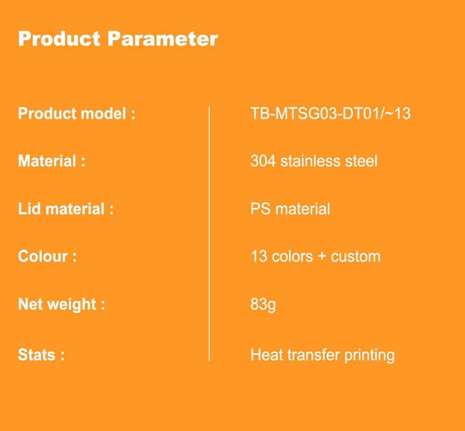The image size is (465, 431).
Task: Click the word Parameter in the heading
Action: (x=163, y=39)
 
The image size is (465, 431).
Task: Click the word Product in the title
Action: (x=60, y=39)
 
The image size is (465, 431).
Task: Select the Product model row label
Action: (x=77, y=113)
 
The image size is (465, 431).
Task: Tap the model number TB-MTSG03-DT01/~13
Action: (x=330, y=113)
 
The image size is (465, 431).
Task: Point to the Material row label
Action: (x=52, y=161)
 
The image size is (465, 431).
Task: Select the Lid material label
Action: (x=66, y=209)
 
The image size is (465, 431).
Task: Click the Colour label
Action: (x=47, y=256)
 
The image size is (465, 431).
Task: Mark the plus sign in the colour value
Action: (x=322, y=257)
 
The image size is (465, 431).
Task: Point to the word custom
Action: (x=356, y=257)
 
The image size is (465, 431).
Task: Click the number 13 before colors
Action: (x=259, y=256)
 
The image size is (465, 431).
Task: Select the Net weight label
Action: (x=62, y=305)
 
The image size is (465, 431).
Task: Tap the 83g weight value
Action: (x=263, y=305)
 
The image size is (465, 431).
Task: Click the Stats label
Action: (x=41, y=355)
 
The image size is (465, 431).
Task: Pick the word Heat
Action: (x=267, y=355)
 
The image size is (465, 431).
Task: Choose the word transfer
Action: (x=313, y=355)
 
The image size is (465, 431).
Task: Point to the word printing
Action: (x=370, y=355)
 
